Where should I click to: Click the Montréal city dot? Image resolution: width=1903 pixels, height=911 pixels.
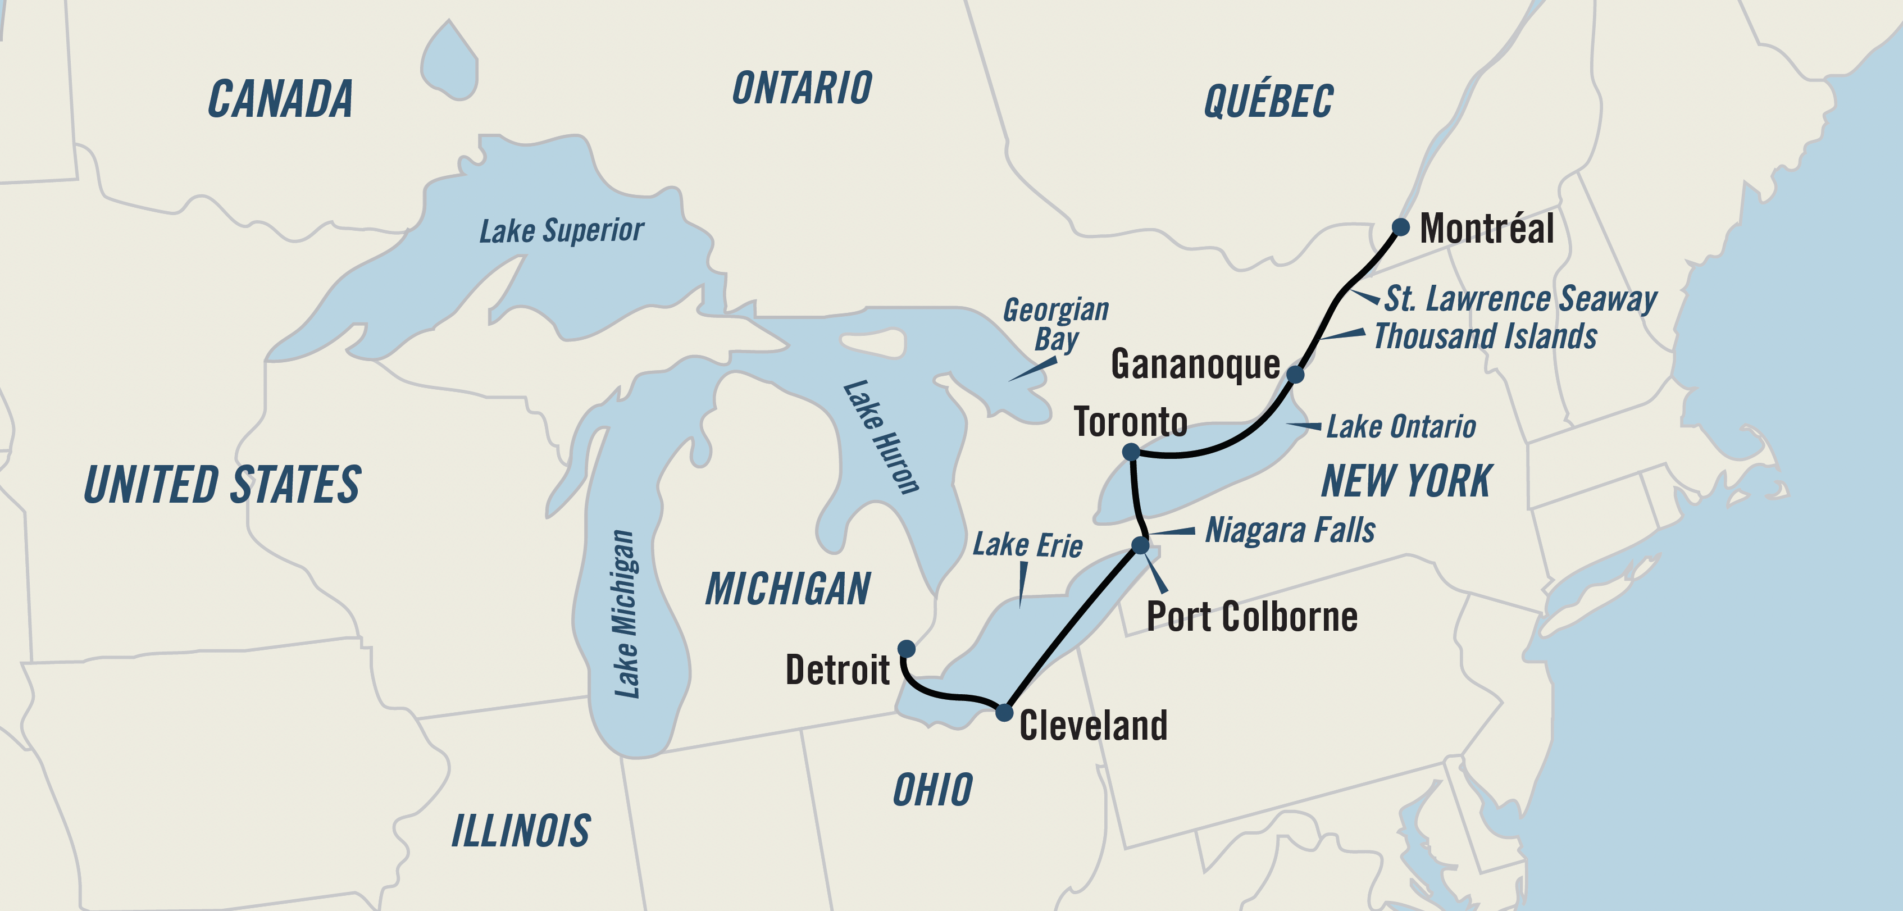tap(1400, 227)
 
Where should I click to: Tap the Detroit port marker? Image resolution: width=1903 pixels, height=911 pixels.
tap(907, 649)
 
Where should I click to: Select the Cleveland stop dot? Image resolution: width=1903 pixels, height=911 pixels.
tap(1004, 712)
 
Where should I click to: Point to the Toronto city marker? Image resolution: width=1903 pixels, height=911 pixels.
tap(1131, 452)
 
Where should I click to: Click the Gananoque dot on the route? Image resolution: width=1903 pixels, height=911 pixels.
tap(1295, 374)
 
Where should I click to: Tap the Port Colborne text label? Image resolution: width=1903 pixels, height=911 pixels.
tap(1251, 617)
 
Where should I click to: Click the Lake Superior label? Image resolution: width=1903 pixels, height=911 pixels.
tap(562, 230)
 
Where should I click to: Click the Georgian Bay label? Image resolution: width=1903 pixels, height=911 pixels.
tap(1055, 324)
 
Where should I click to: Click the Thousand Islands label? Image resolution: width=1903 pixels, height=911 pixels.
tap(1485, 336)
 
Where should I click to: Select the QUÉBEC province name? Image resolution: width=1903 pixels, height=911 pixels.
tap(1268, 101)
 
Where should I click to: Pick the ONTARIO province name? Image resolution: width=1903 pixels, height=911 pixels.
tap(802, 89)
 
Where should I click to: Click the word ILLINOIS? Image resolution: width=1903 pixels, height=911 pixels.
tap(521, 831)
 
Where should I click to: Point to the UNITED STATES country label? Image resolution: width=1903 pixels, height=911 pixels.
tap(222, 485)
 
